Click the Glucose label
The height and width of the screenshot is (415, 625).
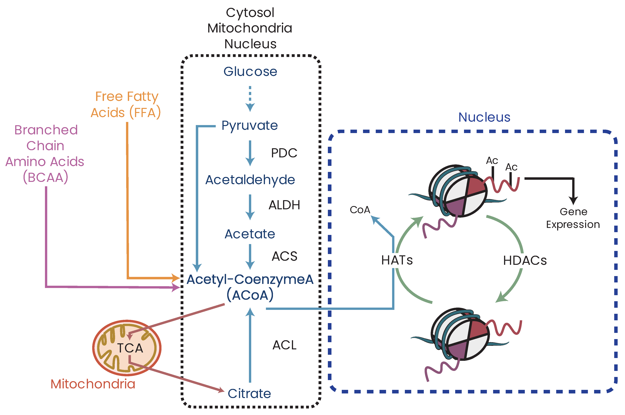[x=250, y=72]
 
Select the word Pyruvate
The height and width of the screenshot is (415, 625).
[x=250, y=125]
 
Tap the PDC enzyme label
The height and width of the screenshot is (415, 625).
[x=284, y=153]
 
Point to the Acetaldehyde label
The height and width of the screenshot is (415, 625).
[x=250, y=180]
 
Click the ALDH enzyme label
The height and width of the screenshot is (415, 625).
[x=284, y=205]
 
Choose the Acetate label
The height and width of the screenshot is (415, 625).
[x=250, y=234]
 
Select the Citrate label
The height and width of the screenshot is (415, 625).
[x=249, y=394]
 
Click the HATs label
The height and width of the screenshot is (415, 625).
[x=397, y=260]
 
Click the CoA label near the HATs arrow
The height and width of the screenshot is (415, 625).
[x=360, y=210]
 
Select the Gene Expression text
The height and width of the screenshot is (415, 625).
[x=573, y=218]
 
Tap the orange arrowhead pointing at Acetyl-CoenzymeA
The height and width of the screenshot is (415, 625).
[x=175, y=278]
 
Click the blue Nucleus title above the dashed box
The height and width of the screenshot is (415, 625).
[x=484, y=117]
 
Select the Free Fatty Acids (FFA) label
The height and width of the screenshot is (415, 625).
[x=126, y=104]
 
